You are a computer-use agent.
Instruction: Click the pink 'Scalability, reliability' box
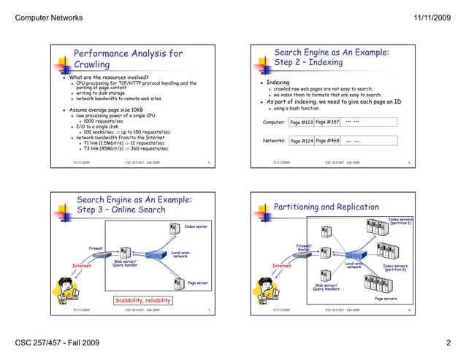(142, 300)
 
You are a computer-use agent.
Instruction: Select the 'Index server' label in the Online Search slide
(196, 227)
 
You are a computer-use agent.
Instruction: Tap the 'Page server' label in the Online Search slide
(198, 282)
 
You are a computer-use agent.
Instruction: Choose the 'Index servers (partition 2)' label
(395, 268)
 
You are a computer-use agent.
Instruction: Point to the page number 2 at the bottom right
(448, 342)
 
